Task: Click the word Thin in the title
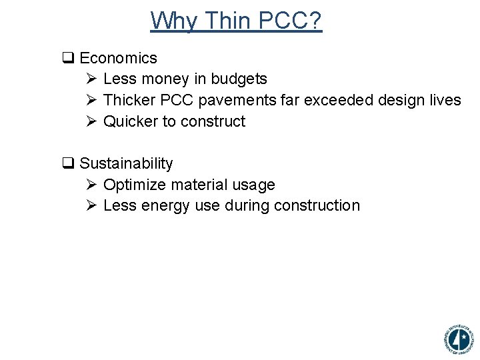(x=228, y=21)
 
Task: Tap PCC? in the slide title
(x=290, y=21)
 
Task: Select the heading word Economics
(x=118, y=58)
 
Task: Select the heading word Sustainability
(x=126, y=163)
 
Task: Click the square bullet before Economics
(x=67, y=59)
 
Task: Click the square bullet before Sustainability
(x=67, y=164)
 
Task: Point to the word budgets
(x=239, y=79)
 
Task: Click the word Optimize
(x=133, y=185)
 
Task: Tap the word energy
(x=166, y=205)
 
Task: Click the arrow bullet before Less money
(x=92, y=79)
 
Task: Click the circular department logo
(x=458, y=339)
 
